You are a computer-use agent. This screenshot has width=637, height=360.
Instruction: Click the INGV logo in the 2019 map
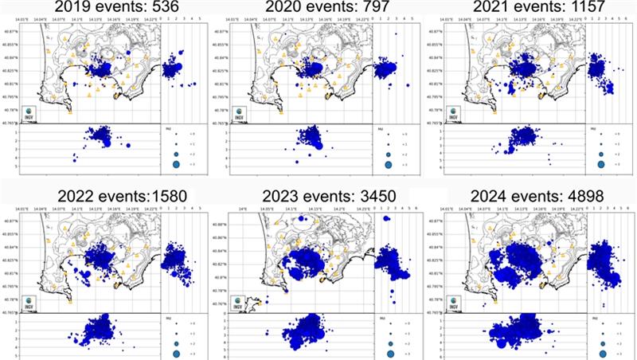click(x=29, y=113)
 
